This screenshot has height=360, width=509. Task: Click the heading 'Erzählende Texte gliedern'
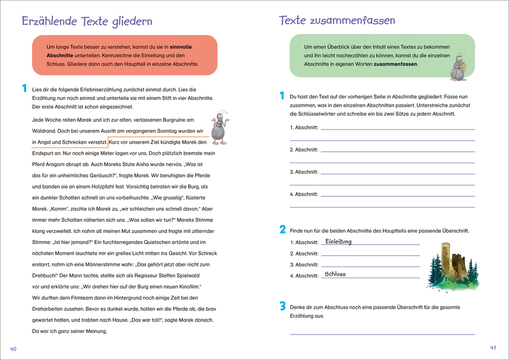click(87, 21)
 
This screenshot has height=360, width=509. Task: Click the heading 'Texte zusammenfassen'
click(337, 20)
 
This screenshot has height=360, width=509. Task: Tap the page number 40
click(13, 349)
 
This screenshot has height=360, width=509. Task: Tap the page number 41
click(493, 348)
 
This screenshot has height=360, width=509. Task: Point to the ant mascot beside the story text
click(219, 128)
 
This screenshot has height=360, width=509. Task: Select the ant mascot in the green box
click(459, 67)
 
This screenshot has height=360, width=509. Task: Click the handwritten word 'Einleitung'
click(338, 242)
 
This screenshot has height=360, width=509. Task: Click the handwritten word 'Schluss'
click(335, 274)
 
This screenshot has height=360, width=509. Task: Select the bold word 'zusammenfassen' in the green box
click(396, 64)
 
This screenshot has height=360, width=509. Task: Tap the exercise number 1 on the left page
click(23, 89)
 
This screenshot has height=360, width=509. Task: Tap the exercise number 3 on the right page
click(282, 307)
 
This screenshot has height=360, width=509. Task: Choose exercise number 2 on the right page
click(282, 230)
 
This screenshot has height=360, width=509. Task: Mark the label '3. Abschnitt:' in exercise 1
click(304, 172)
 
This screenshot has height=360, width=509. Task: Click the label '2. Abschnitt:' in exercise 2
click(304, 254)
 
